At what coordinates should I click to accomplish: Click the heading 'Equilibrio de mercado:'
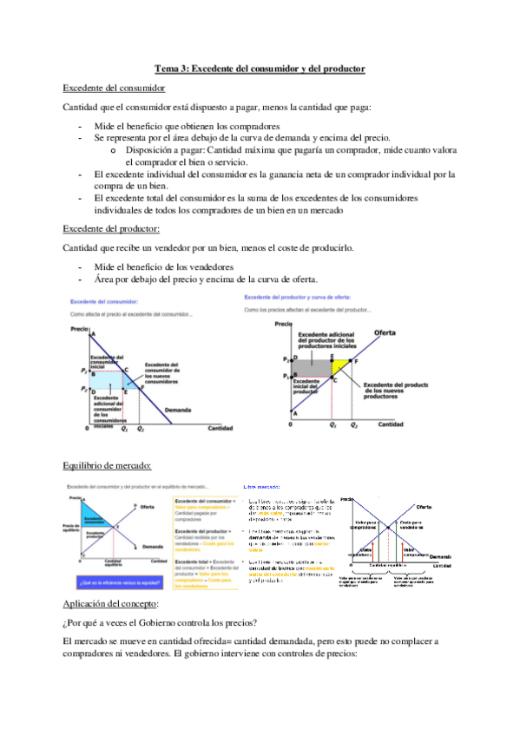108,466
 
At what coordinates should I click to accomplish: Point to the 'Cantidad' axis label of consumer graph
220,429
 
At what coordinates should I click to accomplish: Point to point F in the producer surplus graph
352,360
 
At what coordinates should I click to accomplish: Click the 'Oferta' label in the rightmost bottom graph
424,507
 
